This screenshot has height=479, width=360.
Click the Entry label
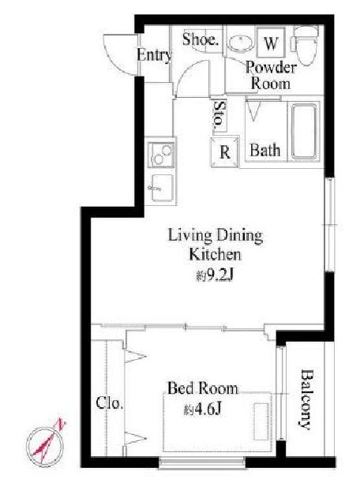click(x=154, y=55)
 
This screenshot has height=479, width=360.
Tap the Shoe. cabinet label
click(x=201, y=39)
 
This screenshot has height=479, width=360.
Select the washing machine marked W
click(x=271, y=43)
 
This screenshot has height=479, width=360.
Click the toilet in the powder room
click(x=306, y=45)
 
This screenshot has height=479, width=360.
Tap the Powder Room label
click(x=271, y=75)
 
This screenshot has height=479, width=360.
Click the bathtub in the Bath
click(x=304, y=131)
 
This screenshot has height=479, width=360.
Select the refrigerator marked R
click(x=225, y=152)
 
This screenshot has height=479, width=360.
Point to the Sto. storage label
click(x=219, y=115)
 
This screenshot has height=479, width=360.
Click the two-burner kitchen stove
click(x=161, y=155)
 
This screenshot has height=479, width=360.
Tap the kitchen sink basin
click(x=162, y=188)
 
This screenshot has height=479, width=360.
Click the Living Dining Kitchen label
click(x=216, y=245)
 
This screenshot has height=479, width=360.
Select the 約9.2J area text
click(x=215, y=276)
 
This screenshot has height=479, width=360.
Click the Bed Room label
click(x=203, y=388)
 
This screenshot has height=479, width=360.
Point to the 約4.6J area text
click(x=202, y=410)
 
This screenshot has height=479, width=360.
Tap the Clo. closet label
click(x=110, y=402)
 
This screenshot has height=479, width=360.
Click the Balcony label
click(x=306, y=399)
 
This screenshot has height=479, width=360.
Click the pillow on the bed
click(x=261, y=421)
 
